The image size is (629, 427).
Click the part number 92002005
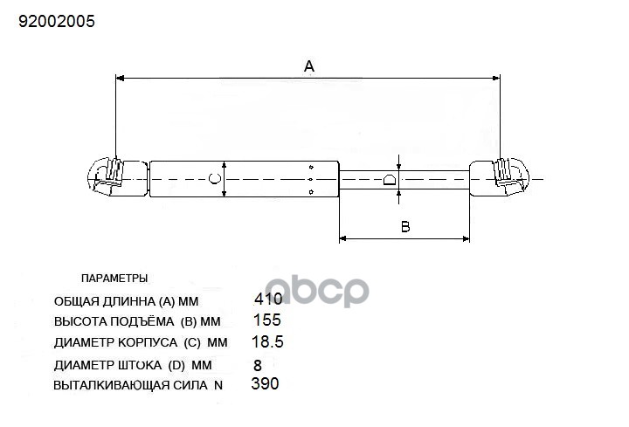tap(57, 21)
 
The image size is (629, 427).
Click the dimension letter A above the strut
tap(309, 66)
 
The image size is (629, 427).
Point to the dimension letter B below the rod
tap(405, 227)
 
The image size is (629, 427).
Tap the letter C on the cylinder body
tap(215, 178)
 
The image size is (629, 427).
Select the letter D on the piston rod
tap(390, 179)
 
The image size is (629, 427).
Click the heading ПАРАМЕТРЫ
tap(114, 279)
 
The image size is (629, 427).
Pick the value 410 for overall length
tap(268, 299)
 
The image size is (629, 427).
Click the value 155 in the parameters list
tap(267, 320)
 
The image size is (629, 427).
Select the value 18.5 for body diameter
tap(267, 341)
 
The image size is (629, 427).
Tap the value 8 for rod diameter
tap(258, 365)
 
